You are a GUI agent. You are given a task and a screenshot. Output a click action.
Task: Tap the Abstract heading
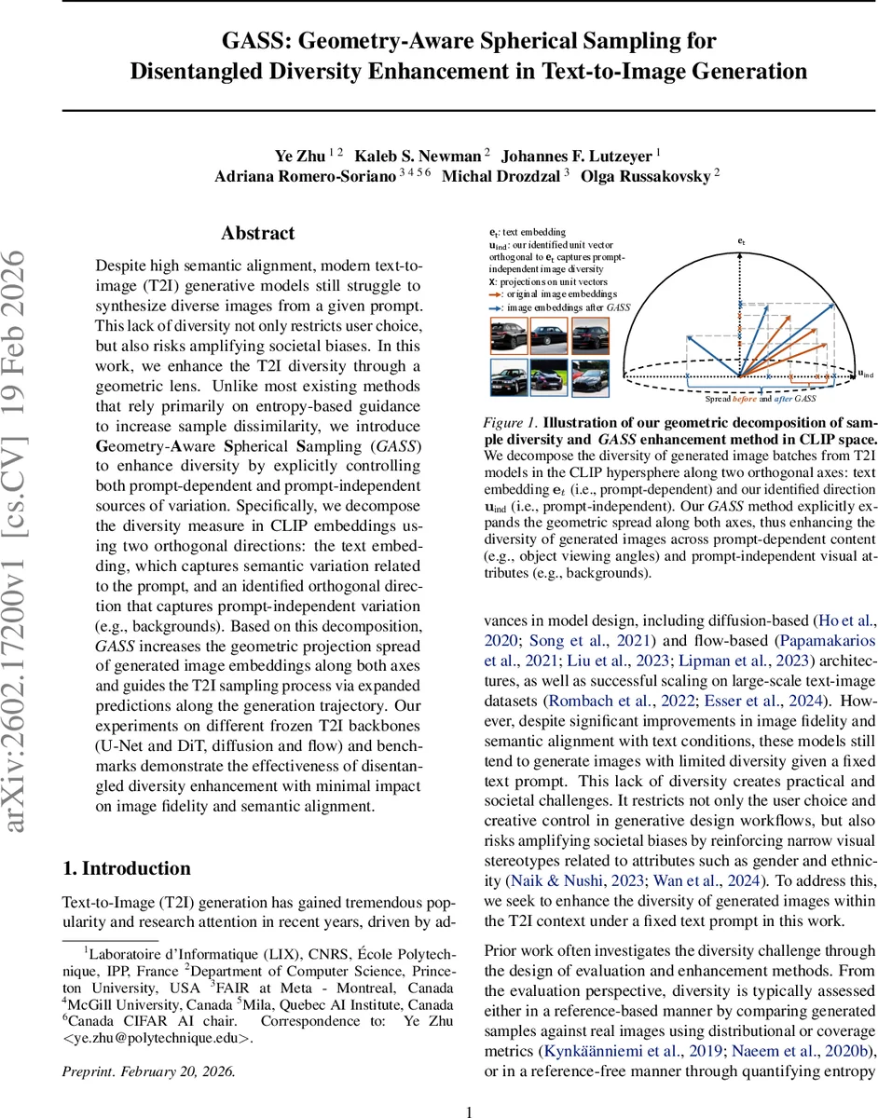click(258, 233)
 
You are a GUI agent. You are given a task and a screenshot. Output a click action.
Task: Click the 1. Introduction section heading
click(127, 868)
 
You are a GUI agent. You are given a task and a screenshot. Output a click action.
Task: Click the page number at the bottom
click(470, 1111)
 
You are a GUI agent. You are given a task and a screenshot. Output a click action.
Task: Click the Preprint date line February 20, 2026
click(149, 1071)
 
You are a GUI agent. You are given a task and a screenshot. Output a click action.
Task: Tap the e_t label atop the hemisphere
click(741, 241)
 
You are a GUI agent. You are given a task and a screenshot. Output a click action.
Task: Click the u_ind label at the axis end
click(866, 375)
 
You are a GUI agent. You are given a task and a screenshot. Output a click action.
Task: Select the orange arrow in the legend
click(495, 292)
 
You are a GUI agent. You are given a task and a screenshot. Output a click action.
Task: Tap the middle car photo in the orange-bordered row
click(550, 334)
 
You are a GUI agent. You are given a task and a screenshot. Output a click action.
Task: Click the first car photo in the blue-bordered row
click(509, 377)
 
